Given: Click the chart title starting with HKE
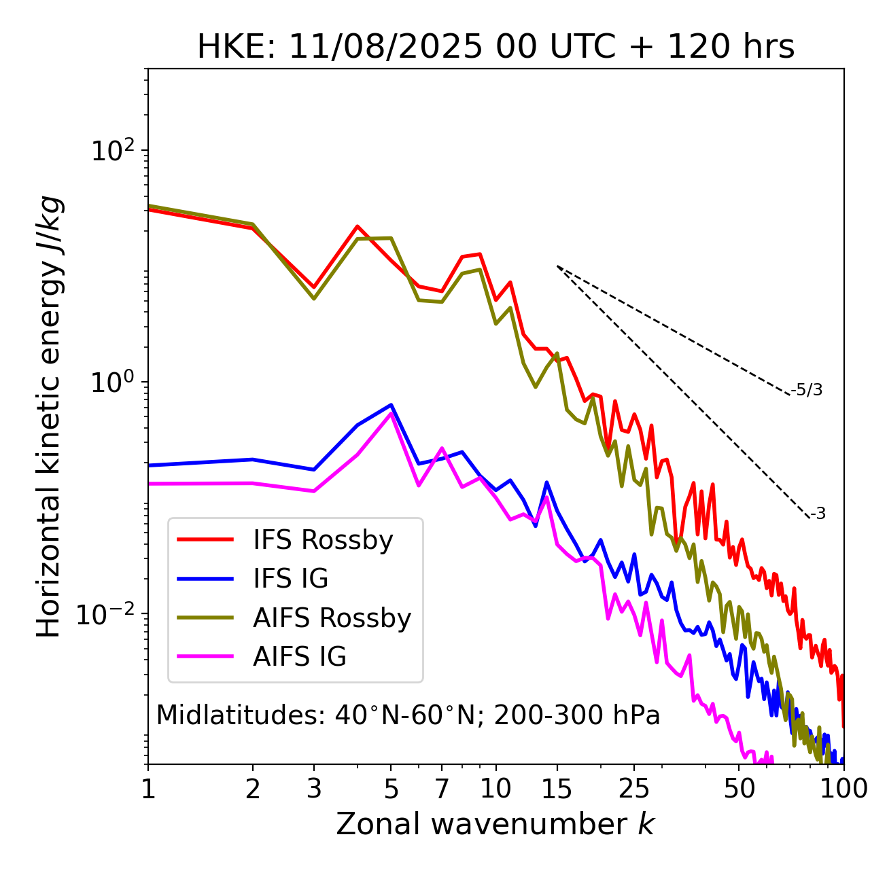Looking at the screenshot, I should tap(495, 48).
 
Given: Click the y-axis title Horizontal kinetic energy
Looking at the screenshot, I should tap(50, 416).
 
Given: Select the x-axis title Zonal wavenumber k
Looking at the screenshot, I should tap(495, 823).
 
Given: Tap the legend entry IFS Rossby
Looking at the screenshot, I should tap(323, 540).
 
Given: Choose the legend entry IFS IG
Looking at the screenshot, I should tap(290, 579).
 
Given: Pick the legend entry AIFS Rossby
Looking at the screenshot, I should tap(332, 618).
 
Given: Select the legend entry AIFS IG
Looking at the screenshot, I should tap(300, 657).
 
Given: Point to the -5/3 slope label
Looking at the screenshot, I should tap(807, 390).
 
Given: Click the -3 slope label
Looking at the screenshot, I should tap(818, 514).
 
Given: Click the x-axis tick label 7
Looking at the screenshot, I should tap(442, 789).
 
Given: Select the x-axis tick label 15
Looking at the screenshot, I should tap(557, 789).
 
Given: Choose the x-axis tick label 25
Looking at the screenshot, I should tap(634, 789).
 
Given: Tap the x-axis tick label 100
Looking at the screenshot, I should tap(843, 789).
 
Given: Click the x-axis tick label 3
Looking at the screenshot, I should tap(314, 789).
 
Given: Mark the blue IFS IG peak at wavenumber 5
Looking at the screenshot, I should tap(391, 405).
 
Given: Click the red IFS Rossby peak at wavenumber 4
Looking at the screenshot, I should tap(358, 227).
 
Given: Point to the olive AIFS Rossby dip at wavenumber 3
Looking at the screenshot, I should tap(314, 298).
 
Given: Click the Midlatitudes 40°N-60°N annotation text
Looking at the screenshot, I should tap(408, 715).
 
